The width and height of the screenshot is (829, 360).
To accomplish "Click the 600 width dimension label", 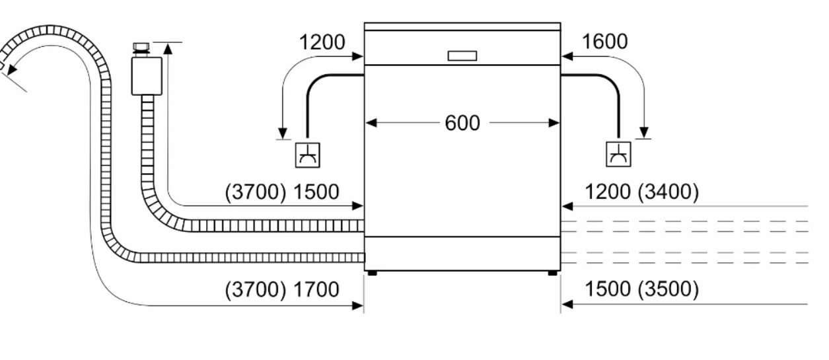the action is [x=462, y=123].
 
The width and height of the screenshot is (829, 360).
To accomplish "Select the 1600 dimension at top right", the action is [x=604, y=42].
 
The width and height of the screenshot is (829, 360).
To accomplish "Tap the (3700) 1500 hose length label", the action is [x=282, y=192].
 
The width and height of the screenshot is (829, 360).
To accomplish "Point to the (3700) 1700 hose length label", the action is [x=282, y=289].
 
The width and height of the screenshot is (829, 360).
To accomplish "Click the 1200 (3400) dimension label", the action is [x=642, y=192].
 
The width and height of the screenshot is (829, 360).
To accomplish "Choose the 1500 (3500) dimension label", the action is [x=642, y=289].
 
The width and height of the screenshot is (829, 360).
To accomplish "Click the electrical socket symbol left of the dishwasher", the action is [x=308, y=155].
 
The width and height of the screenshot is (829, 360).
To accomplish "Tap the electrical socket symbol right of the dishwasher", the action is [x=618, y=155].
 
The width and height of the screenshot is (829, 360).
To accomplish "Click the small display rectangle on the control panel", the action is [x=462, y=56].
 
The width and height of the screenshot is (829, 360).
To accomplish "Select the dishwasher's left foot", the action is [x=373, y=273].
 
